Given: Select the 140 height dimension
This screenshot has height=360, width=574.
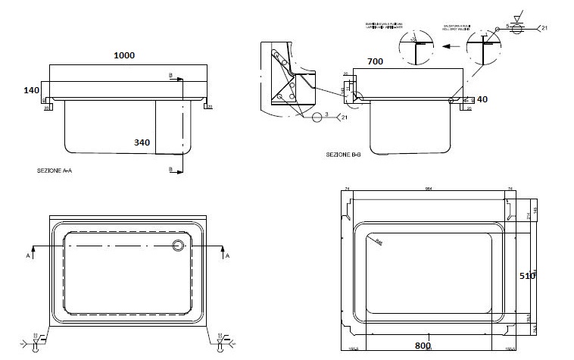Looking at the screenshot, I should point(31,90).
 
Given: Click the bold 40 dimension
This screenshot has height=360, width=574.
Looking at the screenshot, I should point(482,99).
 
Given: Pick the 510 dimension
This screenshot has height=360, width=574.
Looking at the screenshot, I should point(527,276).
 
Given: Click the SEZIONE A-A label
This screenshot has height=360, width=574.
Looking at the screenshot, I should point(54,171).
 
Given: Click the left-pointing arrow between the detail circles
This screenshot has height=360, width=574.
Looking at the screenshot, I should point(448,45).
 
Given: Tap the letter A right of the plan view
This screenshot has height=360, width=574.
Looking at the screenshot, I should point(226,257).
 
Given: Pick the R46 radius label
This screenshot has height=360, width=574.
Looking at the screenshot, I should point(378,241).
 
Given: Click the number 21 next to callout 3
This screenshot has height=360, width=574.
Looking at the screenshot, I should point(345,117).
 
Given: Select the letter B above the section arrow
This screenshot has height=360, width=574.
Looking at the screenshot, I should point(171,74).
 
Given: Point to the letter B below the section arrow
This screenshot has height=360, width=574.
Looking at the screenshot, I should point(171,167).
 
